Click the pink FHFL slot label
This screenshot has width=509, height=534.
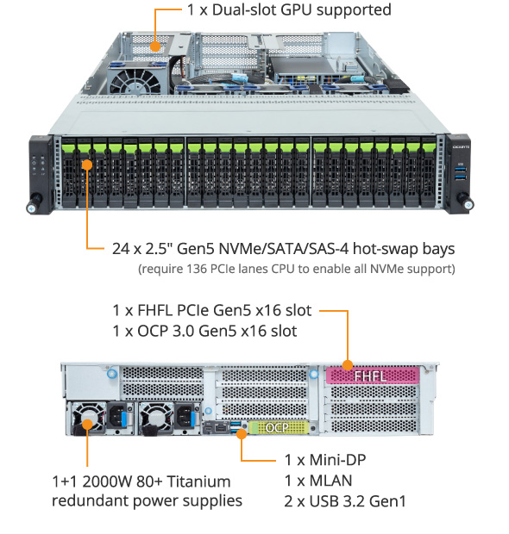[x=372, y=376]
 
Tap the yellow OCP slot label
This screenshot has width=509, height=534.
[x=279, y=428]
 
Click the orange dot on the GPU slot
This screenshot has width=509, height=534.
[x=155, y=47]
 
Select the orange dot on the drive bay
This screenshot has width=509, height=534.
[x=87, y=165]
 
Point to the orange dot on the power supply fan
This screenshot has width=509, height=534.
[x=88, y=425]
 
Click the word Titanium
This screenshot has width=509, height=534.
[x=198, y=481]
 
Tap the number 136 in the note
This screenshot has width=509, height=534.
[x=197, y=269]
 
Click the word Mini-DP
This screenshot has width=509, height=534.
[x=337, y=460]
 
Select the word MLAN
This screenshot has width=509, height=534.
[x=330, y=481]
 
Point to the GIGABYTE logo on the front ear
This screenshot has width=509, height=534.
[x=461, y=147]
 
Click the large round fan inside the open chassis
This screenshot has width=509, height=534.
[x=135, y=83]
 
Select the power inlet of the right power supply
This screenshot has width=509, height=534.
[x=185, y=416]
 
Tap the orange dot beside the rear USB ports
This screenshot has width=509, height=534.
[x=242, y=434]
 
